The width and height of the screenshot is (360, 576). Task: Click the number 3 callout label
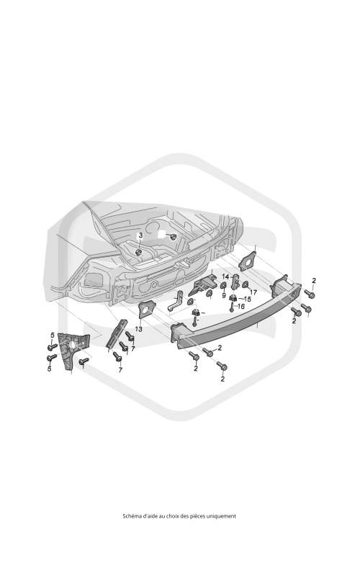140,235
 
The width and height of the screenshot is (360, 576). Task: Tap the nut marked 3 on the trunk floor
139,252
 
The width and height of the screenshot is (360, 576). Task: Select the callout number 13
138,329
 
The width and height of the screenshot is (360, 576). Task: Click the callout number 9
224,295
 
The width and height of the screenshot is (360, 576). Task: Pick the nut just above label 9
223,285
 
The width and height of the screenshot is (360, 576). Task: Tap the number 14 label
225,276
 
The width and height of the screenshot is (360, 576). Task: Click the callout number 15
247,299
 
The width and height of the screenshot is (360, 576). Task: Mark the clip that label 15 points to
233,297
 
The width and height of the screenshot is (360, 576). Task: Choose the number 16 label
241,306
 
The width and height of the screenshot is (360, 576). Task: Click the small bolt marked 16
231,307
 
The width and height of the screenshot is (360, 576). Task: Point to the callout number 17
253,293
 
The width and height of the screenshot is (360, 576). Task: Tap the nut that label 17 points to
246,284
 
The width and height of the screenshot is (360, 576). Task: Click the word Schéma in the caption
131,516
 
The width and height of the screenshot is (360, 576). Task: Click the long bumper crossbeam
236,312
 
